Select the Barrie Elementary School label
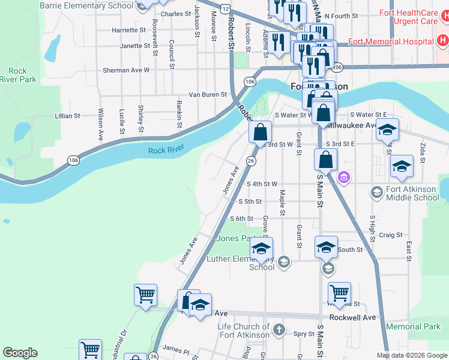coord(86,5)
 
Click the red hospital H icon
coord(442,41)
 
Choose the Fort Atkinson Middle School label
coord(412,193)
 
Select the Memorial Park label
coord(413,327)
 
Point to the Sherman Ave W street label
coord(125,70)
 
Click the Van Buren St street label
coord(208,95)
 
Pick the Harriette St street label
coord(129,29)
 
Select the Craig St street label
coord(390,235)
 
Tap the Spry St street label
coord(304,334)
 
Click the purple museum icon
coord(343,177)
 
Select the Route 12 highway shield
coord(224,8)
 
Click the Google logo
coord(20,353)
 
